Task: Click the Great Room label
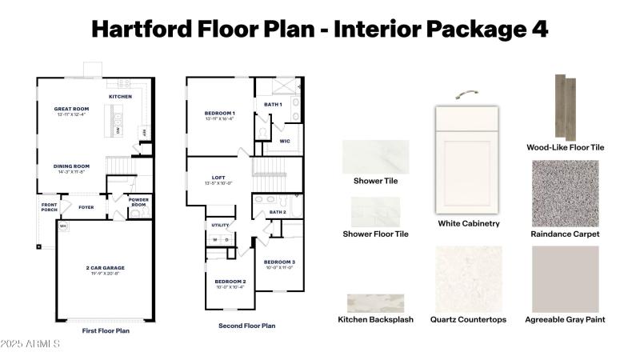71,109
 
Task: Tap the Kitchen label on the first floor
121,97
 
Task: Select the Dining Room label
71,167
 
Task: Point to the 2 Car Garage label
106,268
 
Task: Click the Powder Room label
139,202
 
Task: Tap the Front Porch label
50,207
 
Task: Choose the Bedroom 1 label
220,114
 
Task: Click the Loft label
218,178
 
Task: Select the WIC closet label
284,142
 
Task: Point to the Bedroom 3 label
280,262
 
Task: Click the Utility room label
221,226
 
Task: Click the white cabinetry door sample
468,160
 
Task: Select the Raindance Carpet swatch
565,193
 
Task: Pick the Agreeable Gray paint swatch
565,278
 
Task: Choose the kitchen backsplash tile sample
375,303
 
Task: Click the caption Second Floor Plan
247,326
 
